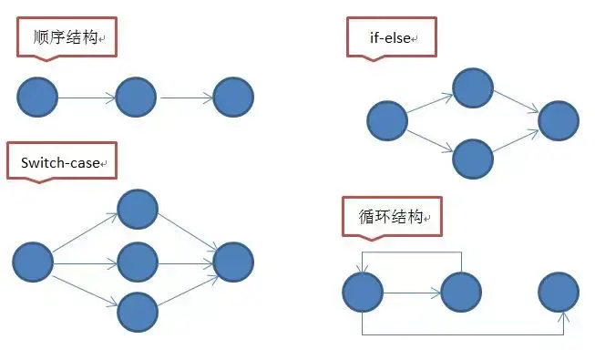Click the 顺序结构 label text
pos(66,37)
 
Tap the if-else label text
pos(390,38)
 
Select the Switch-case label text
pos(60,163)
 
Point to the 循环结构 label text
pos(391,217)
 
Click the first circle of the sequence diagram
pos(37,98)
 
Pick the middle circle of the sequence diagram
pos(136,98)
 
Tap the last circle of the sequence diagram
pos(233,98)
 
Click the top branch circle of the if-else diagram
pos(473,88)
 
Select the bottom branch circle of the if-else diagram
pos(473,159)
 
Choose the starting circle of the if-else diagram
pos(387,120)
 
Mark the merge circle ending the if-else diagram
pos(559,120)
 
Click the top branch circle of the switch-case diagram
pos(138,210)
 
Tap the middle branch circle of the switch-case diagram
pos(138,262)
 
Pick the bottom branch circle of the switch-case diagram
pos(138,312)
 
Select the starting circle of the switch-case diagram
pos(33,262)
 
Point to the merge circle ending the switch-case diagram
pos(233,262)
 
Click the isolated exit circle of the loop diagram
pos(559,292)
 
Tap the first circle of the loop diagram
pos(363,292)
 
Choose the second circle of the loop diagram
pos(461,292)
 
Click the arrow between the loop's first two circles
pos(412,293)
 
